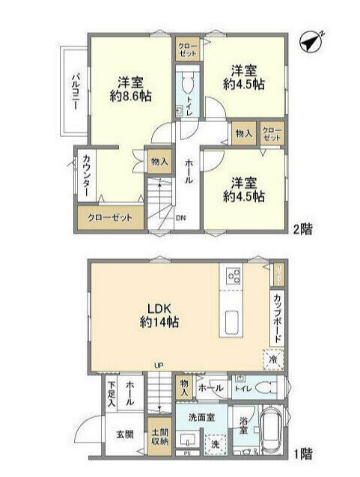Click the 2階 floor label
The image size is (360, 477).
coord(303,230)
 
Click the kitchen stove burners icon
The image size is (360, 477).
coord(232,276)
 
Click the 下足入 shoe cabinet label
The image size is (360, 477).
coord(112,394)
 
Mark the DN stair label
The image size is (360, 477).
coord(180,219)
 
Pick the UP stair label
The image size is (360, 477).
coord(159,365)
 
